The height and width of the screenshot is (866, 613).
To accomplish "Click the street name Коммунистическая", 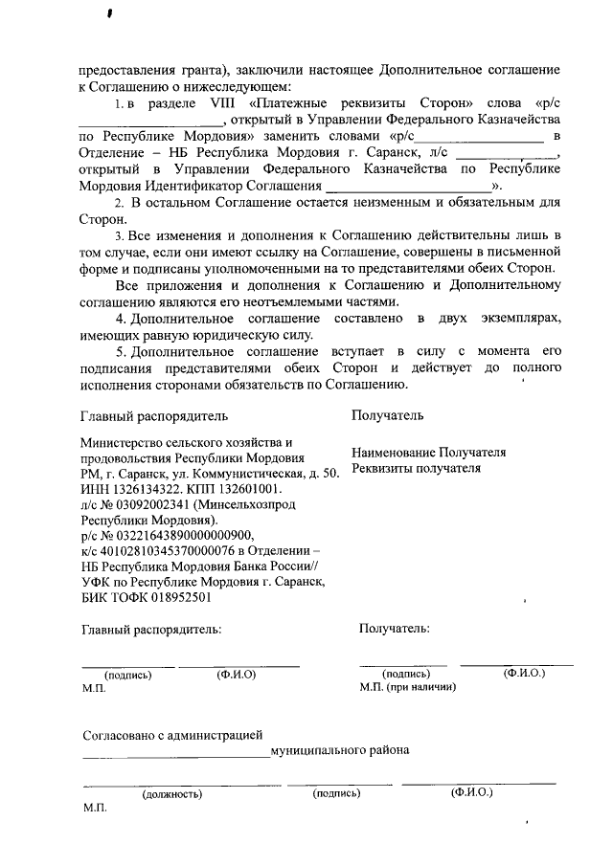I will [255, 474].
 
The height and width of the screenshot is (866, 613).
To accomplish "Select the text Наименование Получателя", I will [428, 453].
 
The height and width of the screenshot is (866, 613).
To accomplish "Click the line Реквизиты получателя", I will [415, 469].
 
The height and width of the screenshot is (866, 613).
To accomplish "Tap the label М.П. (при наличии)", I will [407, 687].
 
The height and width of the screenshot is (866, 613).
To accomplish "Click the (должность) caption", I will [172, 794].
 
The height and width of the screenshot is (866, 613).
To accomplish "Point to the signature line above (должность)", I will [172, 785].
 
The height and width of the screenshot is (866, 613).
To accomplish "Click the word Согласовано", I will [117, 736].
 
